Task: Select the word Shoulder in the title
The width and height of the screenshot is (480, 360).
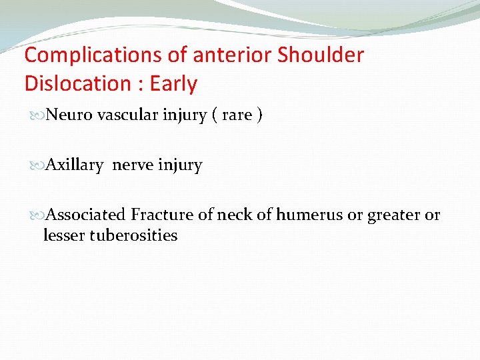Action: click(321, 55)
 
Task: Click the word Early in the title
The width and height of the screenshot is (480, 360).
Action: click(173, 84)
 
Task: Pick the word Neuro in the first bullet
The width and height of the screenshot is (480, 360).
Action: click(70, 115)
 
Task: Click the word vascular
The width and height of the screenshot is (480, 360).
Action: click(128, 115)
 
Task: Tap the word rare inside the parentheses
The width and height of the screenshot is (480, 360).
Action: click(237, 115)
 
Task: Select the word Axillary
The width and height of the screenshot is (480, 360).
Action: click(75, 165)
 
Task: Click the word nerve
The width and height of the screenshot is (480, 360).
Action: click(133, 165)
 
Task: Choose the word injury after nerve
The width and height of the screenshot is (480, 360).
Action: click(180, 165)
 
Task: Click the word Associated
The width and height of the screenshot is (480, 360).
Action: click(87, 215)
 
